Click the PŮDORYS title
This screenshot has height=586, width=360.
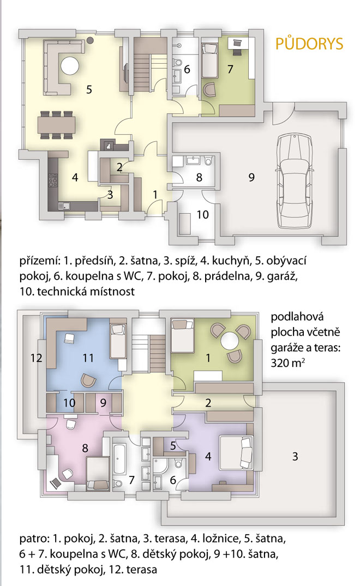[309, 43]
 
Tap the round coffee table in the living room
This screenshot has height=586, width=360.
[70, 66]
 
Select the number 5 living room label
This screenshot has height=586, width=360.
[89, 89]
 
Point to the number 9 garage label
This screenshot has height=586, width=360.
[251, 177]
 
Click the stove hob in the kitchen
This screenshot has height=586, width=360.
[53, 180]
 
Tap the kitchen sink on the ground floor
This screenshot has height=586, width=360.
[64, 205]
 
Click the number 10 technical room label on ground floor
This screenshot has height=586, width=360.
[202, 215]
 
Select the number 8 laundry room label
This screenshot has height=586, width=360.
[199, 177]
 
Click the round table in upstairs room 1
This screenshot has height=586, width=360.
[229, 341]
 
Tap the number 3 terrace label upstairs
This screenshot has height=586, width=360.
[295, 456]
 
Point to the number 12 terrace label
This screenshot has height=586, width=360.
[36, 358]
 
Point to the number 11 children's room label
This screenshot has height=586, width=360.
[88, 358]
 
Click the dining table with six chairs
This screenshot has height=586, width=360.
[56, 124]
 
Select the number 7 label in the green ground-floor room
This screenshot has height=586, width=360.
[230, 69]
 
